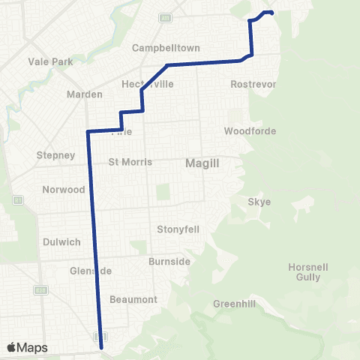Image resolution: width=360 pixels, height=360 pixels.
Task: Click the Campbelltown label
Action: (166, 48)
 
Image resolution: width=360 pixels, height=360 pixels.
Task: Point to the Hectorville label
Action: (148, 84)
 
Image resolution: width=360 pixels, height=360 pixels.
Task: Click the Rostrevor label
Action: (254, 84)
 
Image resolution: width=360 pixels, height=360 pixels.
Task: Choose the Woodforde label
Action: (250, 131)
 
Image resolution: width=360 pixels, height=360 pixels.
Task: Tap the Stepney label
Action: (55, 155)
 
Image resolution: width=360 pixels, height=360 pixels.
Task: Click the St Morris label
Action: (130, 162)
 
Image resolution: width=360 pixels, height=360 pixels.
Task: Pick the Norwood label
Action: (64, 190)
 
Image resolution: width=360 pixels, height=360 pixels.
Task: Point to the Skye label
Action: (259, 202)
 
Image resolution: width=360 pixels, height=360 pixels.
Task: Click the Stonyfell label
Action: (178, 229)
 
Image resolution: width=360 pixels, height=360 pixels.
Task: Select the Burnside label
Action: (169, 262)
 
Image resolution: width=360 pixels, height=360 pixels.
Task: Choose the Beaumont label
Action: (133, 299)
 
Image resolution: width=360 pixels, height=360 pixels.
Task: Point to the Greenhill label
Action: (235, 304)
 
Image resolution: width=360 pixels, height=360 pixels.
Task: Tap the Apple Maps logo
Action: (27, 347)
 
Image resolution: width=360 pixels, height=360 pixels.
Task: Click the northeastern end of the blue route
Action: (271, 13)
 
